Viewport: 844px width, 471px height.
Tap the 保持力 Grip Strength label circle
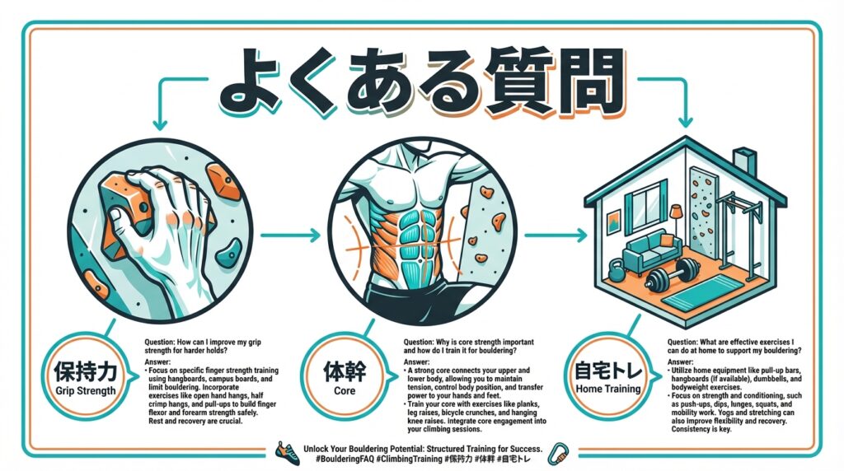[x=85, y=379]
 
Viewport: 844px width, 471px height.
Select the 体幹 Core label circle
[x=345, y=379]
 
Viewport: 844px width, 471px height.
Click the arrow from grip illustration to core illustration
[x=290, y=235]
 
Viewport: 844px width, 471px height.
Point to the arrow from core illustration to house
[x=556, y=235]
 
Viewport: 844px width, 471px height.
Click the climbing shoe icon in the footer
[x=287, y=453]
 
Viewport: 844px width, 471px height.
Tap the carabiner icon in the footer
[x=558, y=454]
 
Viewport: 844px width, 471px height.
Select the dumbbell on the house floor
[x=673, y=273]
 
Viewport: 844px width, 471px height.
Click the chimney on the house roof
[x=744, y=161]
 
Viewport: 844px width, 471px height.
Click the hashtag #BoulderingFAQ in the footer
[x=345, y=459]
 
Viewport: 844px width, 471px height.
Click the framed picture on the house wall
[x=612, y=222]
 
